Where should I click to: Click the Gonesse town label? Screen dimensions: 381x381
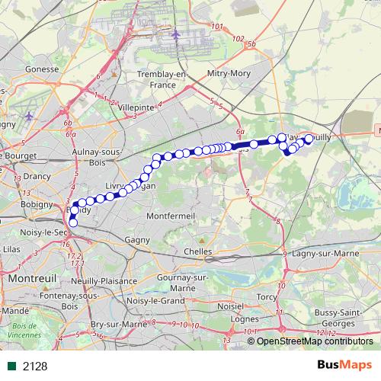tap(43, 68)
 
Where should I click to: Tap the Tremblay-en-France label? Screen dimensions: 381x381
tap(160, 78)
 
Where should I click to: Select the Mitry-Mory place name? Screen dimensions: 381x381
tap(229, 74)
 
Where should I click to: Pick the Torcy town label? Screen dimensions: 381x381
tap(267, 296)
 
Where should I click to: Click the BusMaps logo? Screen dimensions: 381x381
tap(344, 365)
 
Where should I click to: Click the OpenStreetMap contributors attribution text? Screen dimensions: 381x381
tap(312, 341)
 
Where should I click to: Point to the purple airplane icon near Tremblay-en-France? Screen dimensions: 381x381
tap(176, 34)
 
